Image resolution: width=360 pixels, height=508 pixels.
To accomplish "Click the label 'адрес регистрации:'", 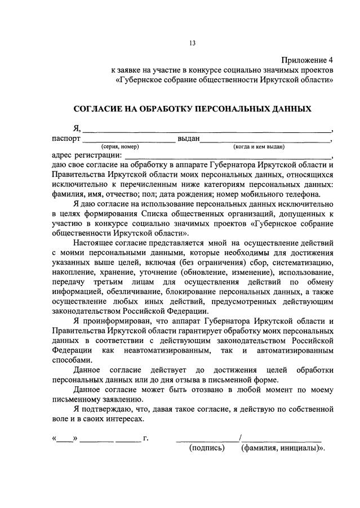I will (x=86, y=155).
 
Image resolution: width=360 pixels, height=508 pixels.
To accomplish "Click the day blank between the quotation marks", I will (x=65, y=438).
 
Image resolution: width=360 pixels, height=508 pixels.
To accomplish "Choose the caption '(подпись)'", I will (x=207, y=448).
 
